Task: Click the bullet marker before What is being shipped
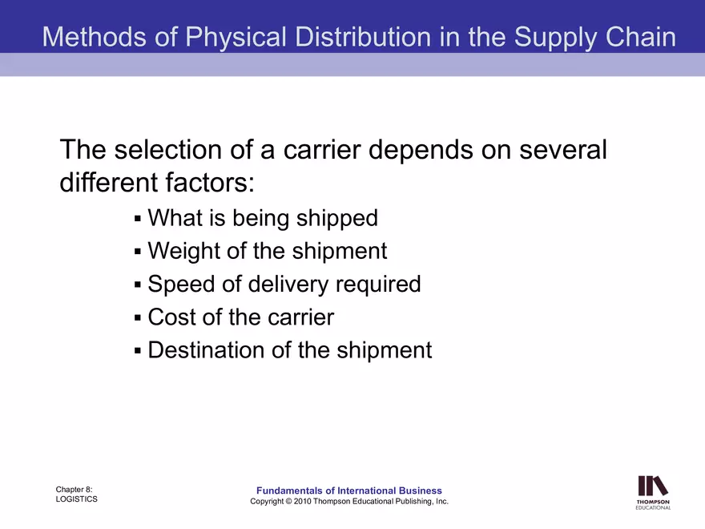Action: pos(138,218)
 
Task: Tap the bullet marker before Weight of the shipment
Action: pos(138,252)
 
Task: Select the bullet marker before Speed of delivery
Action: pos(138,285)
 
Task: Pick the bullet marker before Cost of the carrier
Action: pos(138,317)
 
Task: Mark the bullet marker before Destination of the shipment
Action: pos(138,351)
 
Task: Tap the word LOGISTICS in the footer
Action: pos(77,499)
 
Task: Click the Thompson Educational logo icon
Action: pos(652,487)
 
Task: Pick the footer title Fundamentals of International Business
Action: pos(348,491)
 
